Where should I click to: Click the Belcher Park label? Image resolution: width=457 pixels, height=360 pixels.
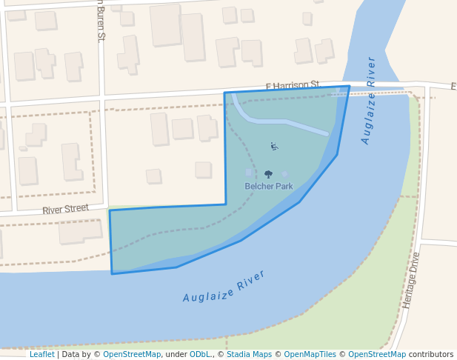[x=269, y=187]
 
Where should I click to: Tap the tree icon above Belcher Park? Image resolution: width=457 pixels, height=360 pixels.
[x=268, y=175]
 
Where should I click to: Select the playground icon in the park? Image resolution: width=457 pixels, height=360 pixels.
[x=274, y=146]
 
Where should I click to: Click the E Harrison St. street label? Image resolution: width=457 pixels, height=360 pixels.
[x=295, y=86]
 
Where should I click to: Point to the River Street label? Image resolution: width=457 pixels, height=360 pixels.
[x=65, y=210]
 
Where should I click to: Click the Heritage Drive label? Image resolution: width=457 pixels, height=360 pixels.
[x=410, y=280]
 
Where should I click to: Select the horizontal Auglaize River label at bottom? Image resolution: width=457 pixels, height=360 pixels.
[x=224, y=286]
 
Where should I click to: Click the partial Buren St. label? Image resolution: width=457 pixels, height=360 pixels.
[x=101, y=20]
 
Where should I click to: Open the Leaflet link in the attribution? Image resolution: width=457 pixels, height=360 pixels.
[x=41, y=355]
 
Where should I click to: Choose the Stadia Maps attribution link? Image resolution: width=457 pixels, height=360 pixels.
[x=249, y=355]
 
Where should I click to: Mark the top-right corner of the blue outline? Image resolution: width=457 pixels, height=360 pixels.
[x=350, y=87]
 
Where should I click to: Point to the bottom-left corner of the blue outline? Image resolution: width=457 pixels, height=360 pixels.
[x=113, y=273]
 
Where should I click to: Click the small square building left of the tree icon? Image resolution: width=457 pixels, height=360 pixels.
[x=249, y=173]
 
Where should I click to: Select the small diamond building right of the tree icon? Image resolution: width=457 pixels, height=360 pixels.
[x=285, y=174]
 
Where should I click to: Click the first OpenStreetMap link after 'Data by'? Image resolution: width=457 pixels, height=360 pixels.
[x=132, y=355]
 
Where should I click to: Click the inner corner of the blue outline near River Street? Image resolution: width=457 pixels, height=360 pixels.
[x=226, y=204]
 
